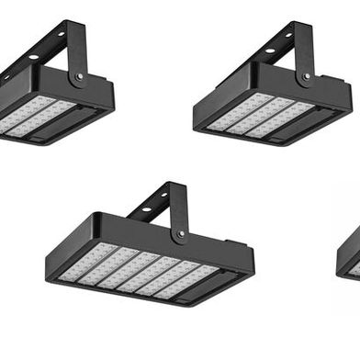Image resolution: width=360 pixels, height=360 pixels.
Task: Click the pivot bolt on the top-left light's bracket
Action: pos(79,76)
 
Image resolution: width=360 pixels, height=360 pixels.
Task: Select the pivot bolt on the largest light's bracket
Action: pos(181,233)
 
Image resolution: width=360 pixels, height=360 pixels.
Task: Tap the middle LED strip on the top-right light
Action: pos(261,115)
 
